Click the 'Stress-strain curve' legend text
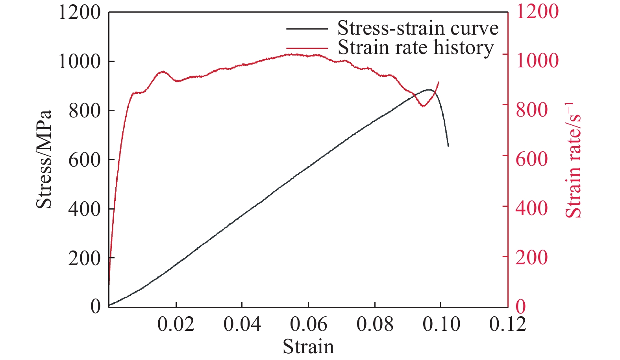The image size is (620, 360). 418,28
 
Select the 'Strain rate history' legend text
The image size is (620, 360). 415,48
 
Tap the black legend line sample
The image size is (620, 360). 307,29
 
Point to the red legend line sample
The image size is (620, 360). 307,48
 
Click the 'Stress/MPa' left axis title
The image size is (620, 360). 44,159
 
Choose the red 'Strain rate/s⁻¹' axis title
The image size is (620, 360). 573,160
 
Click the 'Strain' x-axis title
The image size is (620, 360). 308,347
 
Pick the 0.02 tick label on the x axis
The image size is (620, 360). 176,325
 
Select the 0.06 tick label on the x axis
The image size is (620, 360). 309,325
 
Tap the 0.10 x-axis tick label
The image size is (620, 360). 441,325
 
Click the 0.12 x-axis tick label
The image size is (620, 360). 507,325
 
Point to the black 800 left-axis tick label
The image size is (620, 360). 85,111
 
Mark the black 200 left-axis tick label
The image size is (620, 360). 85,258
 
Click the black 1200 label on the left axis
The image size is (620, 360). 80,12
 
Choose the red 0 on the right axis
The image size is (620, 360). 520,306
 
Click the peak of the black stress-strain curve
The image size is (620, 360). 429,90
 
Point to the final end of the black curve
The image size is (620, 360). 448,146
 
